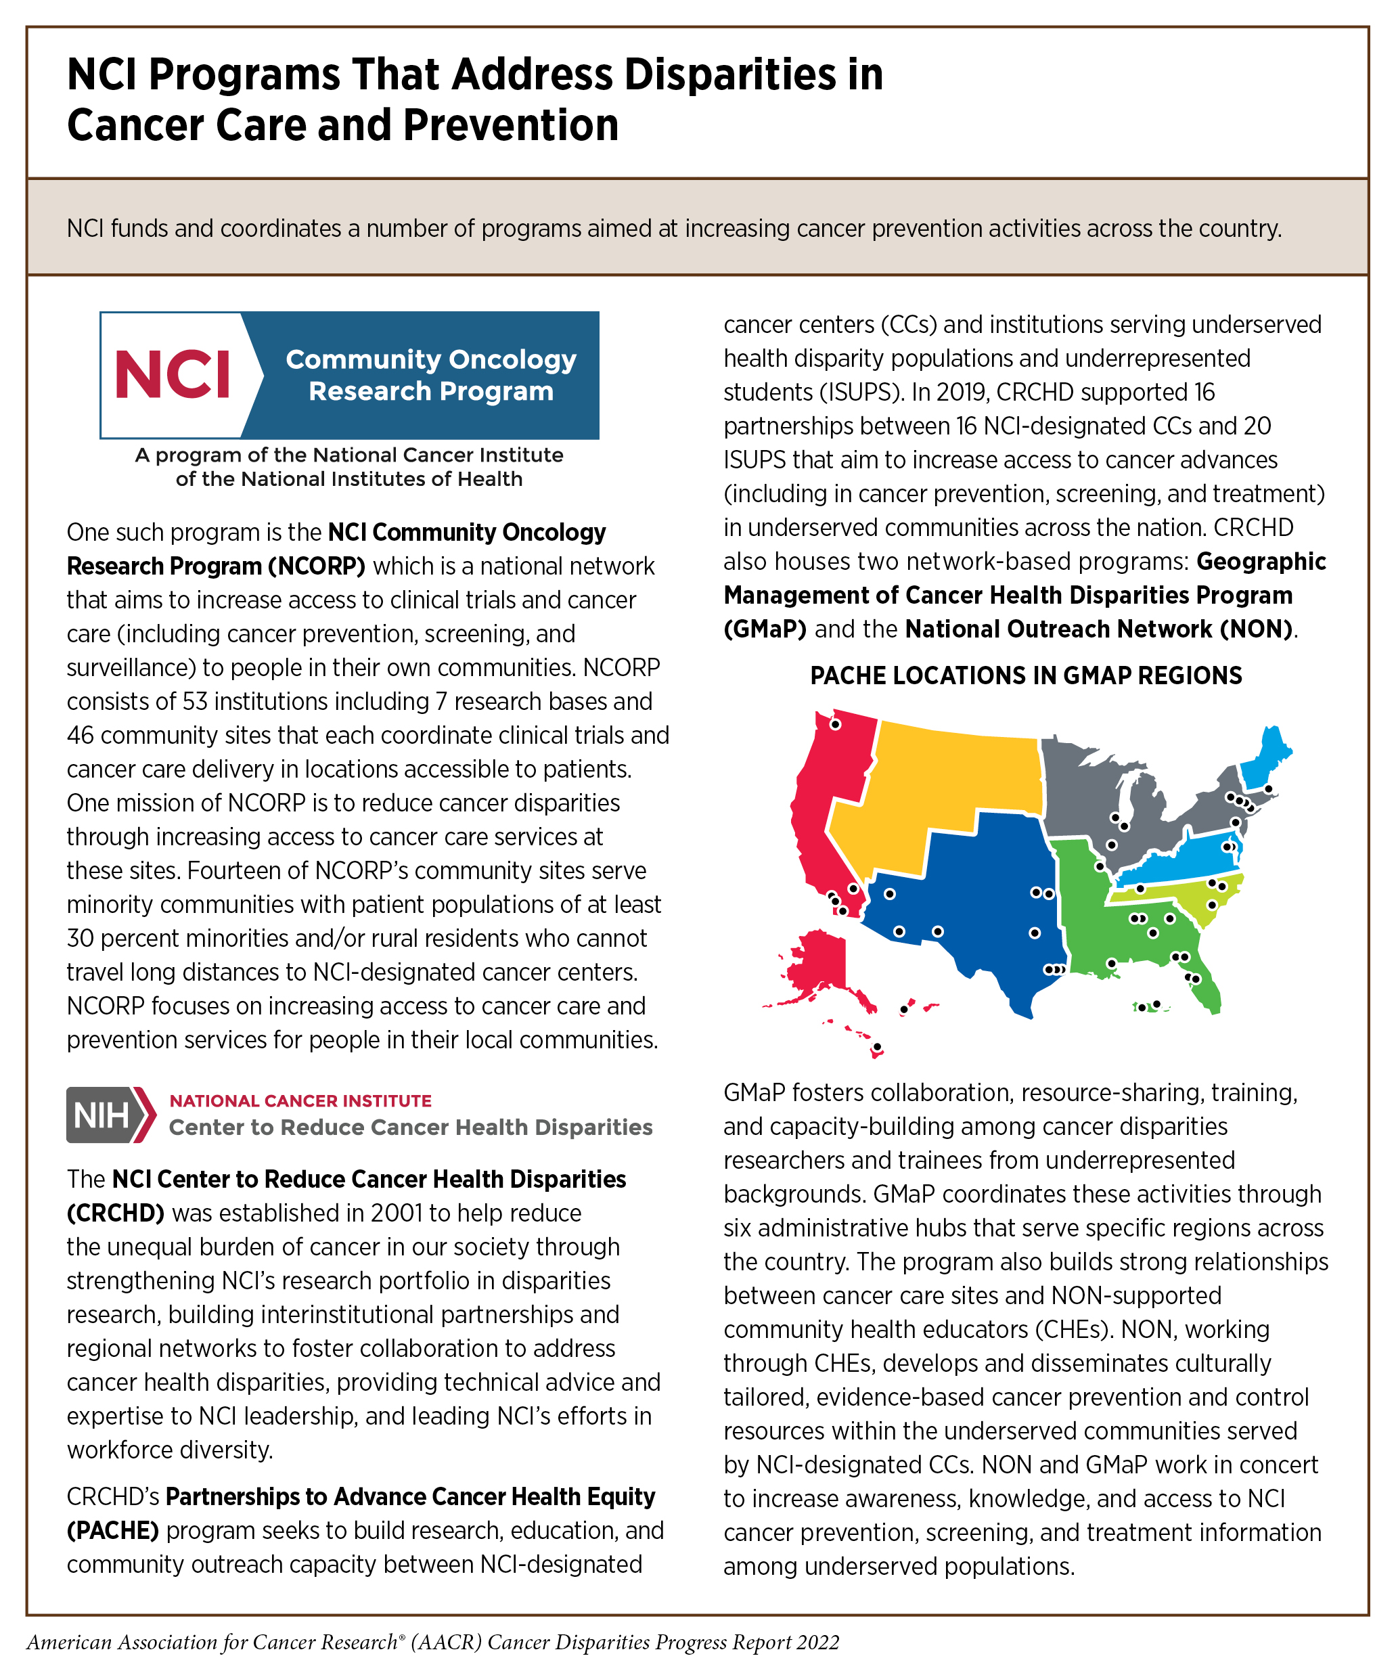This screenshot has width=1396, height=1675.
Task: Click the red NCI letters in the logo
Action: (173, 374)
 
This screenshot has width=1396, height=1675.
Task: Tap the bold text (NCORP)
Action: (316, 566)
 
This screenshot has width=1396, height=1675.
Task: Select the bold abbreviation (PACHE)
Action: (112, 1532)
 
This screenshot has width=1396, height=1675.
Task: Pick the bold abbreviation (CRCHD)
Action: (115, 1213)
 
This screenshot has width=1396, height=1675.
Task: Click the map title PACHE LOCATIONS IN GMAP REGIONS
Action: (1026, 675)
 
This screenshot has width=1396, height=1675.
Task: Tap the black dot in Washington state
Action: (835, 724)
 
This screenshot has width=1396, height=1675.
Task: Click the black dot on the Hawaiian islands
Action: (877, 1046)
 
